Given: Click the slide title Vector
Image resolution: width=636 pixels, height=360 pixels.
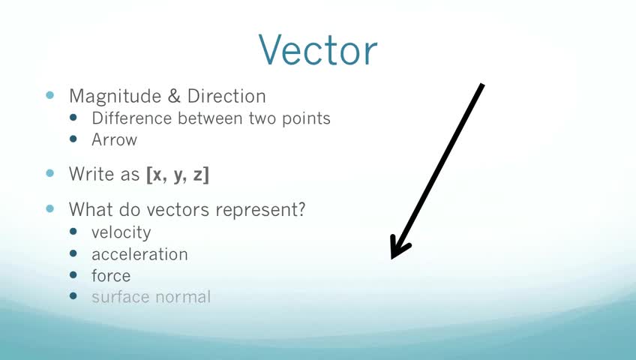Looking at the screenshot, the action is [x=318, y=49].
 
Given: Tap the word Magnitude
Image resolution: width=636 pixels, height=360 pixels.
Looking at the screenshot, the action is [x=115, y=97].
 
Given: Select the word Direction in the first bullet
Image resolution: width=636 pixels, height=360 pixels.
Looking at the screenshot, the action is [x=226, y=96].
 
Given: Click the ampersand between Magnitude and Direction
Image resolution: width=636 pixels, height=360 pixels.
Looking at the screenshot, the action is [x=174, y=96].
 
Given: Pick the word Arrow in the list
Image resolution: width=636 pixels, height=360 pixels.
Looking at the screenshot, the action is [x=115, y=139].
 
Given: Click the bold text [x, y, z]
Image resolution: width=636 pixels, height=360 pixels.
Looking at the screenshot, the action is [x=178, y=175].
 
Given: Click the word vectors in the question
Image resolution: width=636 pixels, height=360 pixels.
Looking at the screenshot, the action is [x=178, y=209].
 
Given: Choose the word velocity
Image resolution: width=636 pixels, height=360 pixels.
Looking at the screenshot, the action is [x=121, y=232].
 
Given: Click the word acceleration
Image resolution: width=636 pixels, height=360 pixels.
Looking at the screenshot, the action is [x=140, y=254].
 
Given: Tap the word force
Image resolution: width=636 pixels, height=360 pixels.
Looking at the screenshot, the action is [x=111, y=276].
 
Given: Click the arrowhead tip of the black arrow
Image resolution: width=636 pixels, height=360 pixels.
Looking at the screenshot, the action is [x=391, y=258].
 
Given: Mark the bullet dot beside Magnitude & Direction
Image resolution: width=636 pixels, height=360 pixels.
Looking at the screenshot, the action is [x=50, y=95].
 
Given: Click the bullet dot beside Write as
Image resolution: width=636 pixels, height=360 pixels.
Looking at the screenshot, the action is [x=50, y=173].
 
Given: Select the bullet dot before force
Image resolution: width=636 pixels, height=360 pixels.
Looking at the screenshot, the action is [x=73, y=274].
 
